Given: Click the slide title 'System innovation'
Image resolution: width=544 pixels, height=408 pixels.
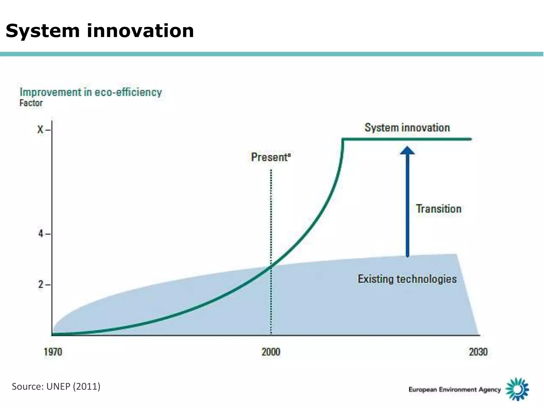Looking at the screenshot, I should point(100,31).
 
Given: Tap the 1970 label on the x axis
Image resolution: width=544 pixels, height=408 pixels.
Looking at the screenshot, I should point(53,352).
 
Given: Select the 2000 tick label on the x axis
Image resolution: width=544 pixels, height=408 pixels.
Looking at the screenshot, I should point(271,352).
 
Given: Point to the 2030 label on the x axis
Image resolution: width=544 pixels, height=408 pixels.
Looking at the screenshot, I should point(478,352).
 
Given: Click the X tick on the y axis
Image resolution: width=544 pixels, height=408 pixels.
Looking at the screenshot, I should point(41,130).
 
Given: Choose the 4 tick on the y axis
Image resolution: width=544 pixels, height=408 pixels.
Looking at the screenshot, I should point(41,234).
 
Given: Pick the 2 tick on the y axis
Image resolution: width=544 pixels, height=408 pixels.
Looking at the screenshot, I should point(41,284).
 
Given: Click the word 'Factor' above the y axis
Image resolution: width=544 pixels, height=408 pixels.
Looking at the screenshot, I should point(31,103).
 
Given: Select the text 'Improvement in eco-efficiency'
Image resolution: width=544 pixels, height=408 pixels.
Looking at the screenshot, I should point(91,92).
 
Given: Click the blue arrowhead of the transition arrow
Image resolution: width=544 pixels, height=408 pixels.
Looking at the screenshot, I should point(407,150).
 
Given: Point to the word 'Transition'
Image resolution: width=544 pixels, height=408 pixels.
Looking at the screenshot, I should point(438,209).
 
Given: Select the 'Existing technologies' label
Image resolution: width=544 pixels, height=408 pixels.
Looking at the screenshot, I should point(407,279).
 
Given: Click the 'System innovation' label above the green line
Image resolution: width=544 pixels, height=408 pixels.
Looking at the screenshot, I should point(407,128).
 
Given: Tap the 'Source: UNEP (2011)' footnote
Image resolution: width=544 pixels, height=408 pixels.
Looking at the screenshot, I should point(56,386).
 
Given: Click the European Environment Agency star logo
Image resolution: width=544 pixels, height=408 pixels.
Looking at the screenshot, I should point(517,389).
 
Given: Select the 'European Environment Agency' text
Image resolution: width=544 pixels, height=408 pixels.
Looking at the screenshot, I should point(454,390).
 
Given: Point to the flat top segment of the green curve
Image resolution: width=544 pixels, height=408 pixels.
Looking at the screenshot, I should point(406,139).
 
